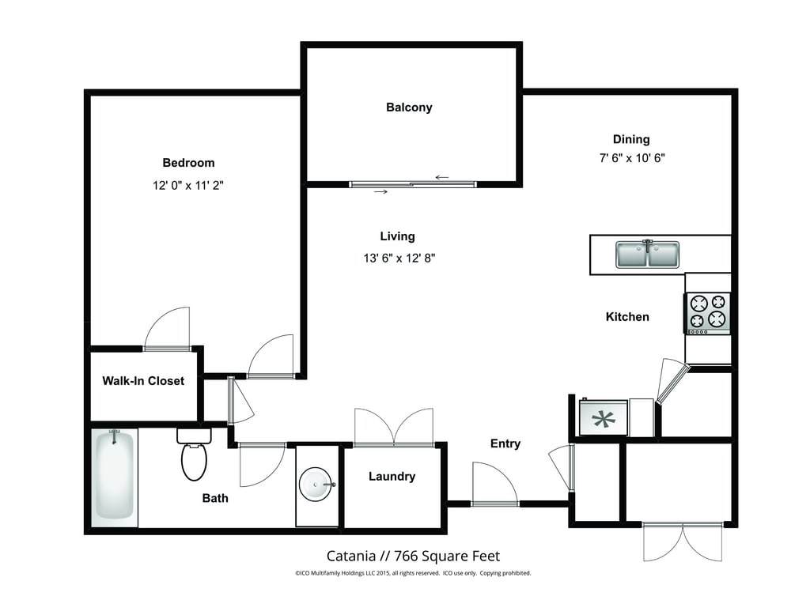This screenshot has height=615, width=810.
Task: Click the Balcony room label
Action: point(409,108)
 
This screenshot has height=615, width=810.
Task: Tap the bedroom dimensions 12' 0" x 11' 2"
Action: point(188,185)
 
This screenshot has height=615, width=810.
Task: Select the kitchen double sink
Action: point(647,254)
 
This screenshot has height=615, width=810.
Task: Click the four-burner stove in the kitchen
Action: point(708,314)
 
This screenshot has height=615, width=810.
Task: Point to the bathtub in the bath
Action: point(115,474)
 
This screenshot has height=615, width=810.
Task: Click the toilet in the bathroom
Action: point(194,454)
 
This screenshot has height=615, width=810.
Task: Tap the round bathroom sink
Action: point(316,485)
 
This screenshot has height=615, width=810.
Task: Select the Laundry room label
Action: point(392,477)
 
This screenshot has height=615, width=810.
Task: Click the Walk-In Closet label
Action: point(143,381)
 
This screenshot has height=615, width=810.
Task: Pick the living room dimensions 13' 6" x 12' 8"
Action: point(399,258)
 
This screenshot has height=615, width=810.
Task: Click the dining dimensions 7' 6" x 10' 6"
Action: point(632,158)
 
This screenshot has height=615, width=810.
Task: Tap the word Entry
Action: point(505,443)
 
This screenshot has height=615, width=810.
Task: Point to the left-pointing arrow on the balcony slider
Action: point(441,178)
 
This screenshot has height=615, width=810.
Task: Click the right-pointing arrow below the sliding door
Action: point(380,192)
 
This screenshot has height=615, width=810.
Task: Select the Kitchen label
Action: point(627,317)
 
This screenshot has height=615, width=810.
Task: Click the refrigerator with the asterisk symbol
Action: point(603,418)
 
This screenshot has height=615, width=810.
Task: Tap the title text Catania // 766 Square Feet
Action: point(413,557)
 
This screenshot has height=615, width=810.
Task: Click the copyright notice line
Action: point(413,573)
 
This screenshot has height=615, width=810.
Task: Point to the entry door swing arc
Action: point(502,472)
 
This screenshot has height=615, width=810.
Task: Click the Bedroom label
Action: point(188,163)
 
